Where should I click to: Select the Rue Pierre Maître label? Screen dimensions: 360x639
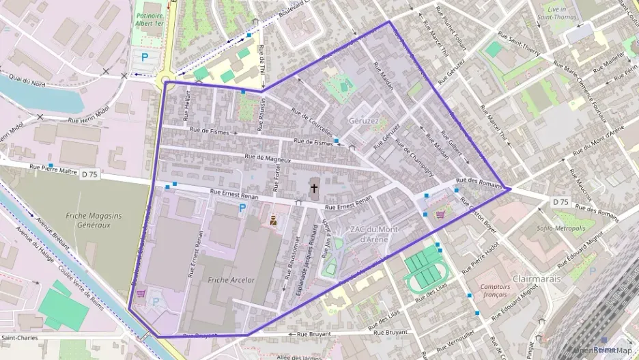(53, 167)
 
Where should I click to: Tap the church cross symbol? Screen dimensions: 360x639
(314, 187)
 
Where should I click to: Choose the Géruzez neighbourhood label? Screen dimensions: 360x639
(363, 120)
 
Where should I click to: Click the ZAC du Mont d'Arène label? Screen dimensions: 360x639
(373, 234)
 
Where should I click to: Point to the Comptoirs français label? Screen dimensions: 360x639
(496, 291)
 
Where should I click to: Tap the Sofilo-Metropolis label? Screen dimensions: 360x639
(561, 228)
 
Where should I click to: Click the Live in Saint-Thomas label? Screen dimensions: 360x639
(552, 12)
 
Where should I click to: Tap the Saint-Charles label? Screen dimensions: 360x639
(18, 338)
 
